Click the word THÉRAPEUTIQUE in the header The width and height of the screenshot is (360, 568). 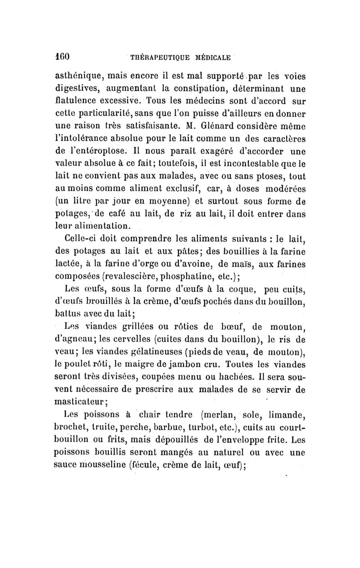pyautogui.click(x=157, y=58)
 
